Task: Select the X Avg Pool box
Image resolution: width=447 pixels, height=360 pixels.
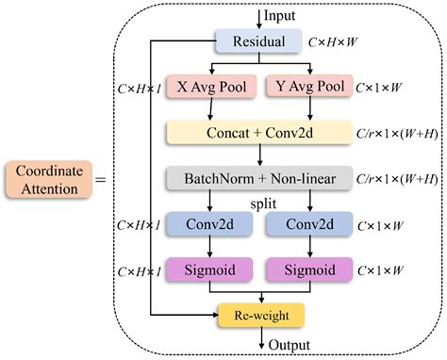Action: click(x=207, y=88)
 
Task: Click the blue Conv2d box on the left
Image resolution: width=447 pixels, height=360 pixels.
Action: click(x=207, y=226)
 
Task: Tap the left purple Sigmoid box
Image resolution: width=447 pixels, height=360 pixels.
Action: click(x=207, y=272)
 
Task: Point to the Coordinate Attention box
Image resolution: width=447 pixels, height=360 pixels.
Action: click(x=43, y=179)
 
